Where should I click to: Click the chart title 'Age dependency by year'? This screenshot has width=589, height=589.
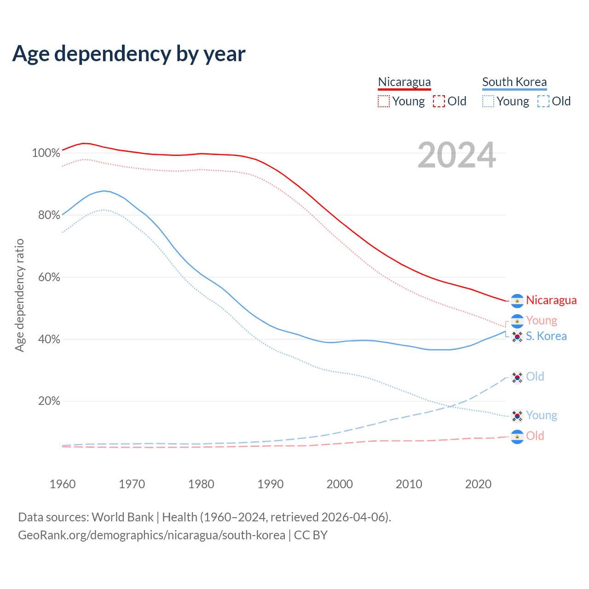(x=129, y=54)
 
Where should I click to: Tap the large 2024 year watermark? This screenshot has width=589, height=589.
(x=456, y=156)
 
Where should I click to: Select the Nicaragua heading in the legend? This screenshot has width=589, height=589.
(x=404, y=82)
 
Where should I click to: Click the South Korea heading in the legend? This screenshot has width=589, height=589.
(x=514, y=82)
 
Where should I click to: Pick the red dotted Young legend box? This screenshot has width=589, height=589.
(x=384, y=101)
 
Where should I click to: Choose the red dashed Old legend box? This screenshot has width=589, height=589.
(x=439, y=101)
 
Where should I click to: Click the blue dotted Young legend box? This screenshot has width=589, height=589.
(x=488, y=101)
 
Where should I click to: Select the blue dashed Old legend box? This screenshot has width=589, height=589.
(x=543, y=101)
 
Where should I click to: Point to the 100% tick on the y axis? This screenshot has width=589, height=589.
(x=46, y=153)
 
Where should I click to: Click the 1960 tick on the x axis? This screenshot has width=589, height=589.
(x=63, y=484)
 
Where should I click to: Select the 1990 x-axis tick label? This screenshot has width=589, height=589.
(x=271, y=484)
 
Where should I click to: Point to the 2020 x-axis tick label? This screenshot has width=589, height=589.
(x=478, y=484)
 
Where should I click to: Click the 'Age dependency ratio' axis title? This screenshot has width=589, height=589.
(x=19, y=295)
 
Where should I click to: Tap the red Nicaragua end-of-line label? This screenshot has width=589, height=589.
(x=551, y=300)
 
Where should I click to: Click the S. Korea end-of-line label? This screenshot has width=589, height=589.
(x=546, y=336)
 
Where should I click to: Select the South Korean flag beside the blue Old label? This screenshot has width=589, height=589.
(x=518, y=377)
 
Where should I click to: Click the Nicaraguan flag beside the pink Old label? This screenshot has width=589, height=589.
(x=518, y=436)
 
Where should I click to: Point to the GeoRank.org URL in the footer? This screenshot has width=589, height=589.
(x=151, y=535)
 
